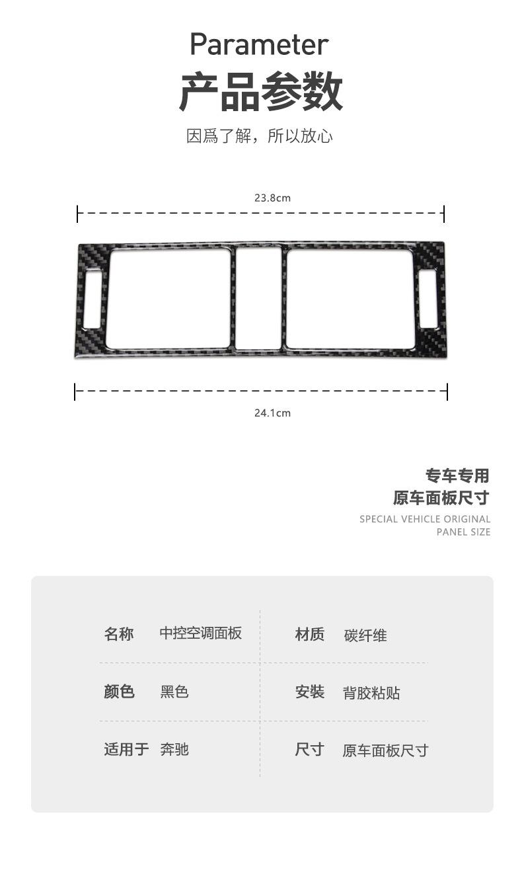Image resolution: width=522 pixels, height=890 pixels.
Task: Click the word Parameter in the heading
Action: click(x=259, y=45)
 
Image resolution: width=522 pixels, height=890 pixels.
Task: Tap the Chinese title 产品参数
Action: click(x=261, y=92)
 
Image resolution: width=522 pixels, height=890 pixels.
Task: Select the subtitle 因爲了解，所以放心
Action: click(x=260, y=136)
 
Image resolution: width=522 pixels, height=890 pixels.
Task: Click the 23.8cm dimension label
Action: click(x=272, y=198)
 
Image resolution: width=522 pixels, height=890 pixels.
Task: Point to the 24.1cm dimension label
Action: click(x=272, y=413)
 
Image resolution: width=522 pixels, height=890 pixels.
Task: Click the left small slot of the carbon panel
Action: click(x=93, y=299)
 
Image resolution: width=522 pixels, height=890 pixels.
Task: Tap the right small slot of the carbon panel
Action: click(x=428, y=299)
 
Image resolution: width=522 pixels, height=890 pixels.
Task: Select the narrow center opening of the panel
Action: click(x=258, y=298)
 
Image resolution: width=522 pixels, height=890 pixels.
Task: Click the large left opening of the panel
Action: click(x=168, y=298)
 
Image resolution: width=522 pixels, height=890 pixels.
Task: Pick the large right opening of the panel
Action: click(x=351, y=298)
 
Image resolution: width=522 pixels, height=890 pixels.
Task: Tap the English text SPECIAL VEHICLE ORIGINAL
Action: click(x=425, y=519)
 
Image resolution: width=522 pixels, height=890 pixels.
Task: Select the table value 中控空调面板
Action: click(x=201, y=633)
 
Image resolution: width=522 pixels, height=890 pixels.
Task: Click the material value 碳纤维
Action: click(x=365, y=636)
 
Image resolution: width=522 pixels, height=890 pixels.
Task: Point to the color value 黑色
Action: click(x=174, y=692)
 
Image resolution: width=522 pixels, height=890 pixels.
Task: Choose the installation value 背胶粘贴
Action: click(x=371, y=694)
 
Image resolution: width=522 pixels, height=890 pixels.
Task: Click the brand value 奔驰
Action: click(x=174, y=750)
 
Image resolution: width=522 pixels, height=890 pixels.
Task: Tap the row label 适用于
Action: click(x=126, y=750)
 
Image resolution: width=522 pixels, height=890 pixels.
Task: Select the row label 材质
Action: click(x=309, y=635)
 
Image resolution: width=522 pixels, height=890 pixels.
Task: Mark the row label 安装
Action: click(x=309, y=692)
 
